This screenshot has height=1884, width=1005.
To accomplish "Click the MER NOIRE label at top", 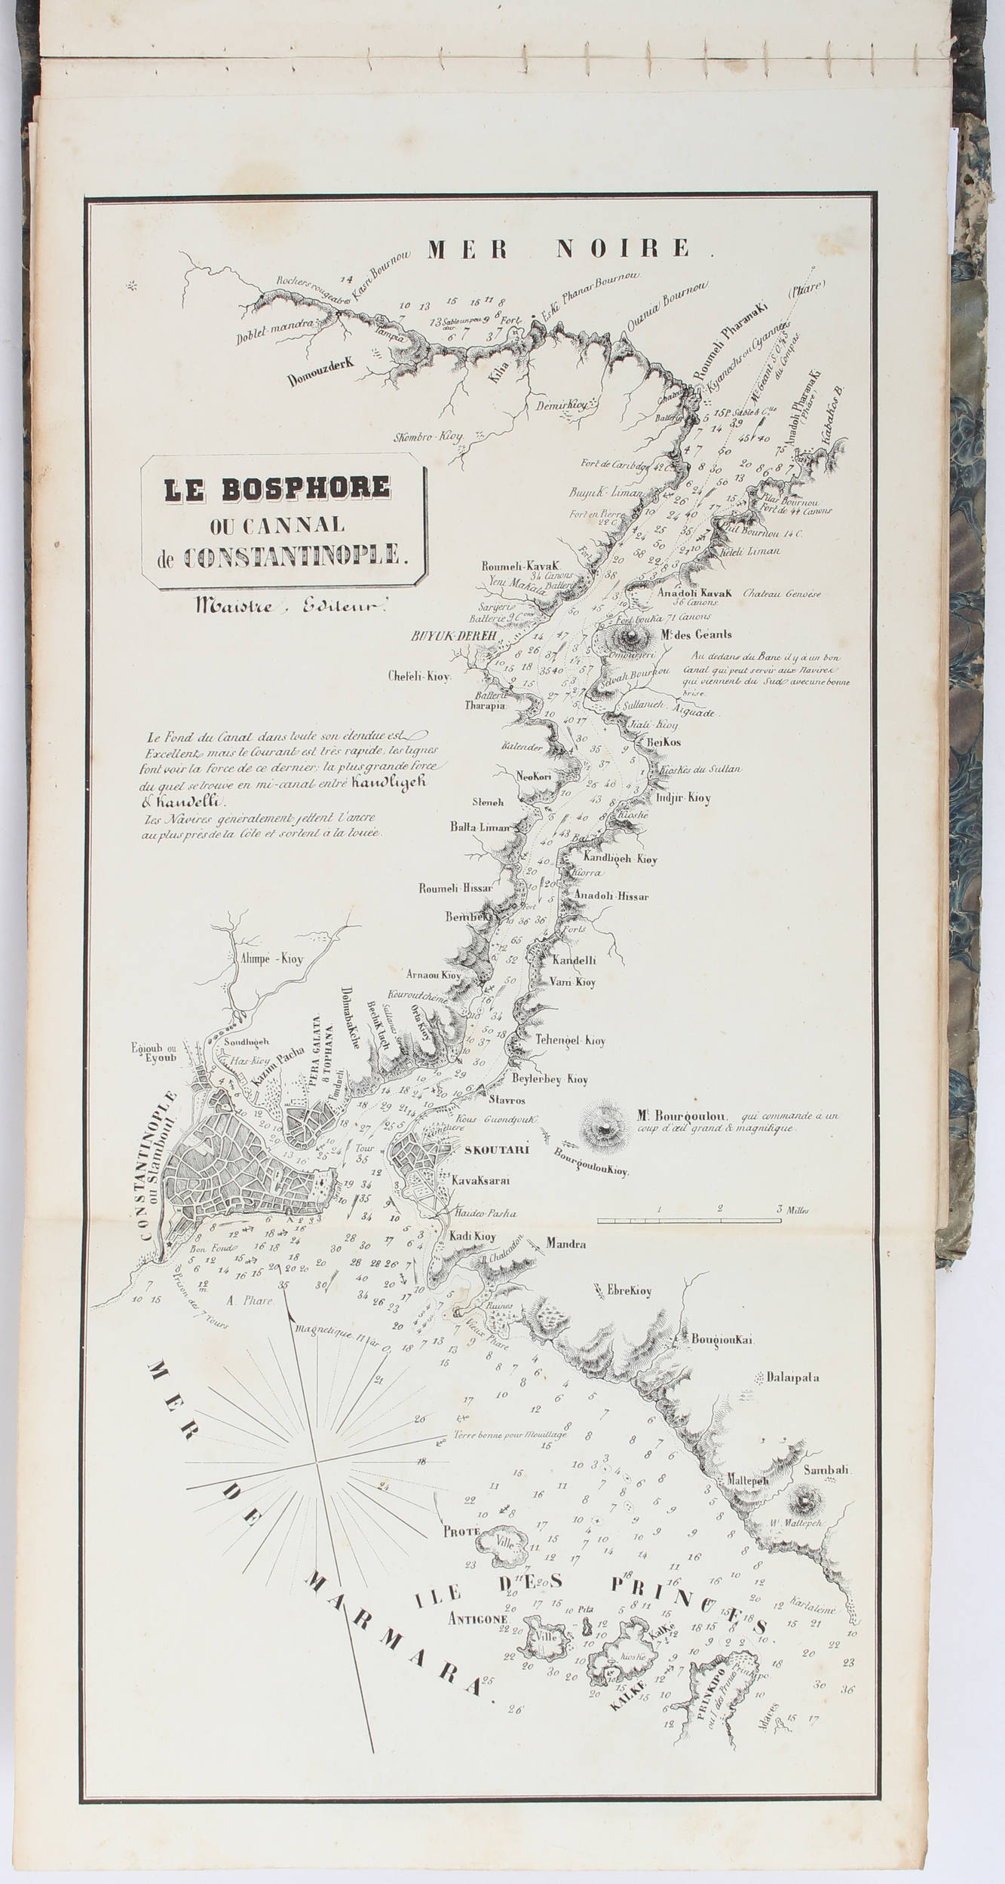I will (x=559, y=248).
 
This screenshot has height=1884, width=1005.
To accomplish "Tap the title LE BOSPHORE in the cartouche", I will (x=277, y=489).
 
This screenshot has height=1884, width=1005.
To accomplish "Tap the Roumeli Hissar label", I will (x=455, y=888).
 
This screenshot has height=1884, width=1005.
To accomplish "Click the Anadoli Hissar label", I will (x=611, y=897).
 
